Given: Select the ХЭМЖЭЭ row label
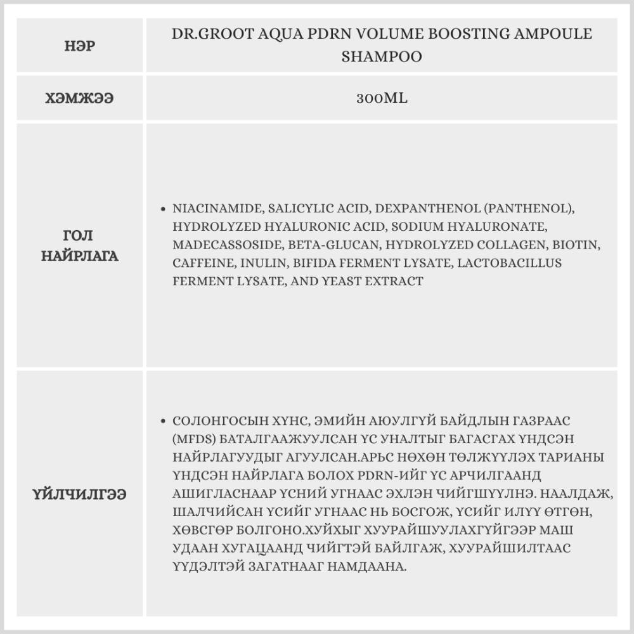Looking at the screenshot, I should (80, 98).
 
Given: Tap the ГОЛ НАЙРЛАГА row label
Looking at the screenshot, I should (80, 245).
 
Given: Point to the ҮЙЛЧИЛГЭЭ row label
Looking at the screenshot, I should (80, 494).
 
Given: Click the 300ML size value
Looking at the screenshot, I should (382, 98).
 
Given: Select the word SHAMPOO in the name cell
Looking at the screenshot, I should (382, 57).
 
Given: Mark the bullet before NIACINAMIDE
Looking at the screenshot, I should (164, 209).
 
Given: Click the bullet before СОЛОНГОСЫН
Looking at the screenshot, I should (164, 422).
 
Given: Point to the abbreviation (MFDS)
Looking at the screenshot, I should (193, 439).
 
